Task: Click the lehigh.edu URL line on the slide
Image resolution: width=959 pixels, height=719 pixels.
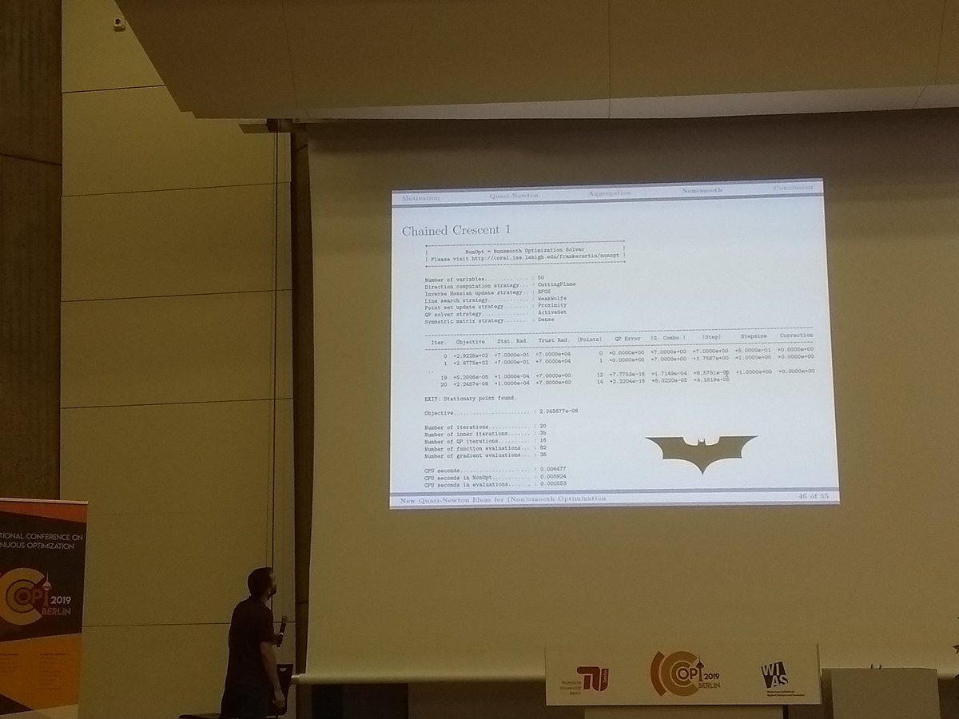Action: click(524, 258)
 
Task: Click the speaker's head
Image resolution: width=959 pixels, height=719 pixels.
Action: click(263, 582)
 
